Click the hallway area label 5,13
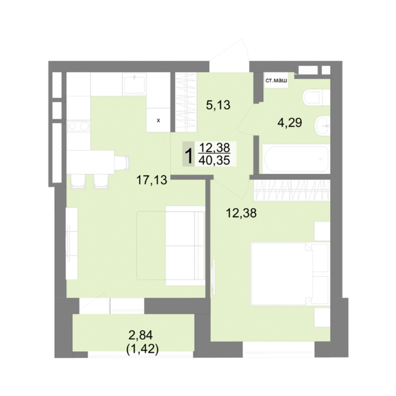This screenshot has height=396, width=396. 218,105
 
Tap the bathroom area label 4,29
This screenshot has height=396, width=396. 290,123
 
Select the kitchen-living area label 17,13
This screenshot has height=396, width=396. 152,180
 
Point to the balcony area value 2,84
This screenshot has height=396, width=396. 141,335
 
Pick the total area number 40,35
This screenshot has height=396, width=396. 214,160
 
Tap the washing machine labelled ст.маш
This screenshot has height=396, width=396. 276,80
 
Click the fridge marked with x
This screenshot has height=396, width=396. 158,120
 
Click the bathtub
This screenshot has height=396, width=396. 296,159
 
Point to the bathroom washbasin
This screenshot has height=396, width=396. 322,126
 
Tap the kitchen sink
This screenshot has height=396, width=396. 135,84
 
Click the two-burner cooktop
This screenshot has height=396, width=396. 79,126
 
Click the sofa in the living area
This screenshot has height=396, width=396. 185,246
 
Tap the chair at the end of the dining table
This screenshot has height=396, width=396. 122,162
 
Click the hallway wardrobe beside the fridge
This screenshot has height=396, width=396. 186,102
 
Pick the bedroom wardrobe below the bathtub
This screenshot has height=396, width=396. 292,190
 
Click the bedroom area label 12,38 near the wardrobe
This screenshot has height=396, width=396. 241,213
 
